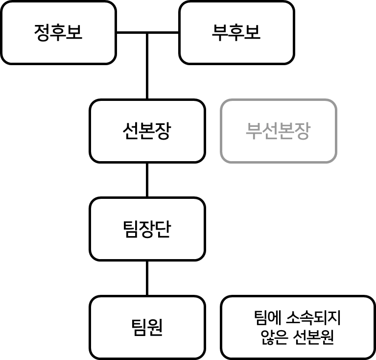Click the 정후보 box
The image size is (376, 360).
58,33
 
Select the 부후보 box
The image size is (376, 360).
236,33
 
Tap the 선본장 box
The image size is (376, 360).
147,131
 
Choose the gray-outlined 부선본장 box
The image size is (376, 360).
278,131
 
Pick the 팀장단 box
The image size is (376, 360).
147,229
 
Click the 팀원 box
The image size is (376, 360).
147,327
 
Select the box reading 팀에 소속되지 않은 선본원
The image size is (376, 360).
298,327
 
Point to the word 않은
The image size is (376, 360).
274,337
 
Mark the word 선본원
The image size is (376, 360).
313,337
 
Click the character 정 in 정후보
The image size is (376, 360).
42,33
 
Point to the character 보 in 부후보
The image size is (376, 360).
253,33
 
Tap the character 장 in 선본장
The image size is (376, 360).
163,131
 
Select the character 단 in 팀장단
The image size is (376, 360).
163,229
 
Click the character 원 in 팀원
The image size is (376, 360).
155,327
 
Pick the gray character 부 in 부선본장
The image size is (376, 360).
254,131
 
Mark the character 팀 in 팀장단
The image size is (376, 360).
131,229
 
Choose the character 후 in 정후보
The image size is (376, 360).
58,33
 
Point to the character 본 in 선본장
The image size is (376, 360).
147,131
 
